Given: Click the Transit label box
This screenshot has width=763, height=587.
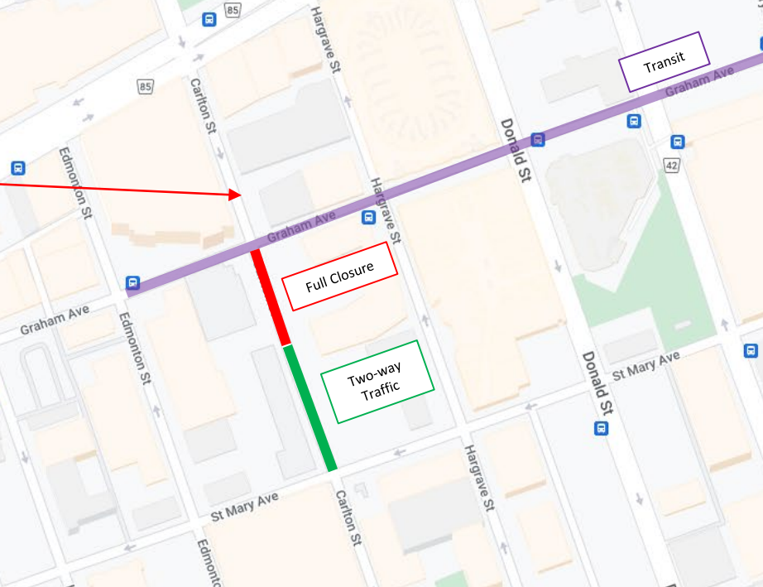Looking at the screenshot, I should tap(665, 61).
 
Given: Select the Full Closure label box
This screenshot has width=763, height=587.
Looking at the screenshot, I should tap(340, 277).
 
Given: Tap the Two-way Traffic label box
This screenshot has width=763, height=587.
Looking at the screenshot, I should tap(377, 382).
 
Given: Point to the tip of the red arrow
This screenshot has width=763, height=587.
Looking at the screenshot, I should tap(240, 195).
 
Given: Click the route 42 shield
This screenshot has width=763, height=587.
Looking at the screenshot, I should tap(670, 166).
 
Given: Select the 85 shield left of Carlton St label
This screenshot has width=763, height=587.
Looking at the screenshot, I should tap(146, 85).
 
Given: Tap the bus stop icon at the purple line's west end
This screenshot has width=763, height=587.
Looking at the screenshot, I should tap(132, 283).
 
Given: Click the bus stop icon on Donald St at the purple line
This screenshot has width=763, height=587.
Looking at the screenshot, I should tap(538, 139).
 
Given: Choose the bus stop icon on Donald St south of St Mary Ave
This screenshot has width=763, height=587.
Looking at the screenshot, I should tap(602, 428).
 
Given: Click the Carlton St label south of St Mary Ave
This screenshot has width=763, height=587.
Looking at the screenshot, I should tap(348, 517).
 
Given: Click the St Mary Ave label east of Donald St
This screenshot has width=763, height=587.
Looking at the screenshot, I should tap(645, 365).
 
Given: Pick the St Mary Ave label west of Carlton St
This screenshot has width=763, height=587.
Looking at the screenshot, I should tap(245, 504).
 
